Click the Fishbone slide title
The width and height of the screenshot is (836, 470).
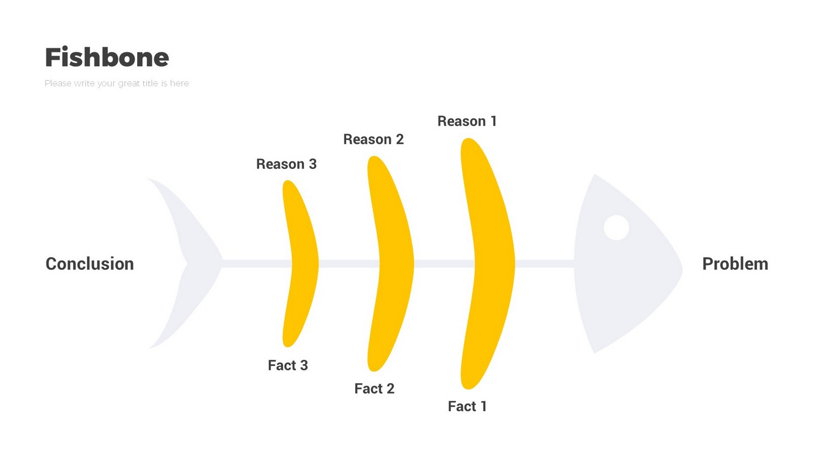coord(107,58)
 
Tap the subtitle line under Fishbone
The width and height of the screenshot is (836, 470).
coord(116,83)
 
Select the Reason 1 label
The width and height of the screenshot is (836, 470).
coord(467,121)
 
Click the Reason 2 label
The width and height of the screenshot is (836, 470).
coord(373,140)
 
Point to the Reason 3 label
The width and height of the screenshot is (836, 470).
coord(286,164)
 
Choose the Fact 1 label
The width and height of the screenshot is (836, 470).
coord(467,406)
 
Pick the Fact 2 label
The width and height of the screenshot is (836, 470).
coord(374,389)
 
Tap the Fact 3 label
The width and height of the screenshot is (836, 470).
coord(288,365)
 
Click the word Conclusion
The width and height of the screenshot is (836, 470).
coord(89,264)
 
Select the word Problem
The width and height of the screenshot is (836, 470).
coord(734,264)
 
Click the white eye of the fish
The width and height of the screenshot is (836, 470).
coord(616,228)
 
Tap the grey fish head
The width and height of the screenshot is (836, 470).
coord(619,288)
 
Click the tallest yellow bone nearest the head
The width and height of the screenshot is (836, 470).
coord(490,263)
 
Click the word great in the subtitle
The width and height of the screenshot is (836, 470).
coord(129,83)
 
